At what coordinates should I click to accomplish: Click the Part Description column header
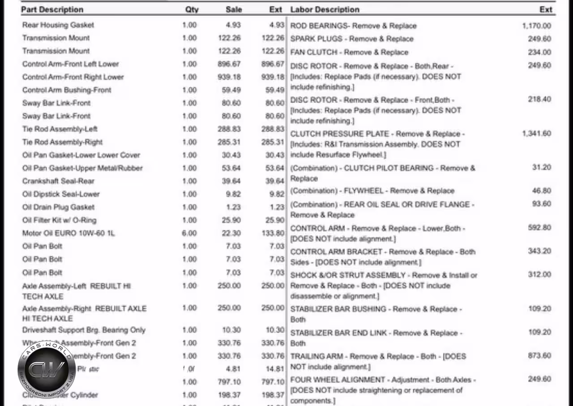[52, 9]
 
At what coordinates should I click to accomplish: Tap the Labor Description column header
[325, 9]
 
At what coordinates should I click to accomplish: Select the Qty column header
[192, 9]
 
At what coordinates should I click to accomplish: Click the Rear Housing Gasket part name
[58, 25]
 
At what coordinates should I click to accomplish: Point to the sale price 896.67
[229, 64]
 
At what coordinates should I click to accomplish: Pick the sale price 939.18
[229, 77]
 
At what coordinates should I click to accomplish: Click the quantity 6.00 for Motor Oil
[189, 233]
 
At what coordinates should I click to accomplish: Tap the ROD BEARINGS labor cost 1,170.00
[536, 26]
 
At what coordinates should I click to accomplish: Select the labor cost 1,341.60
[536, 133]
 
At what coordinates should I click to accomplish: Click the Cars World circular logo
[47, 369]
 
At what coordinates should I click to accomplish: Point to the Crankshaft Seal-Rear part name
[58, 181]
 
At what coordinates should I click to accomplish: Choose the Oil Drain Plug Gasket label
[58, 207]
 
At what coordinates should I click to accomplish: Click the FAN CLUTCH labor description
[349, 52]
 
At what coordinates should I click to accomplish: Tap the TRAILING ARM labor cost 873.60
[539, 355]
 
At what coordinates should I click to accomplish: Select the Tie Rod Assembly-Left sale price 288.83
[229, 129]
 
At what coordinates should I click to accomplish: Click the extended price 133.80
[273, 233]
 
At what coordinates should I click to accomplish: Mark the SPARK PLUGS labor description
[352, 39]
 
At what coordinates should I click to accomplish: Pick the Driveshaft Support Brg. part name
[84, 330]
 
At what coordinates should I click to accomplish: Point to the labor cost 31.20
[542, 167]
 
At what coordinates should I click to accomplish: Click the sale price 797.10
[229, 382]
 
